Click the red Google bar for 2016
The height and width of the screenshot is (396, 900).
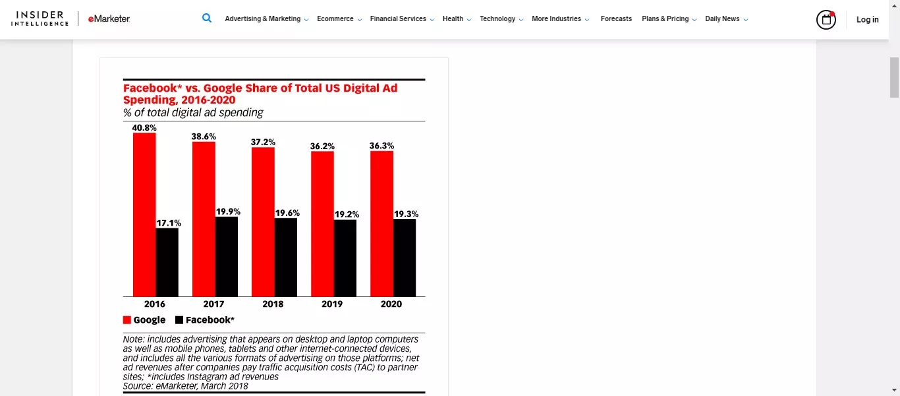[x=144, y=214]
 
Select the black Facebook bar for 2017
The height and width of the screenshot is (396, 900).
[x=227, y=257]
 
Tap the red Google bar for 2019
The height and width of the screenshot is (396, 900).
[x=322, y=224]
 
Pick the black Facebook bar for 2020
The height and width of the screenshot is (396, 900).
[x=405, y=258]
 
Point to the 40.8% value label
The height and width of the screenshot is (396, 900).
[x=144, y=127]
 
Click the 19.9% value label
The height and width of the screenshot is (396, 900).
[x=228, y=212]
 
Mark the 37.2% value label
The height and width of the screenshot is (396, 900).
[x=263, y=142]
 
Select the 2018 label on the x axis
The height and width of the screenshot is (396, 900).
[x=273, y=304]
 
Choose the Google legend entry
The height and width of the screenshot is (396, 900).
[x=144, y=320]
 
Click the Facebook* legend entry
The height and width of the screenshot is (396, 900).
[x=205, y=320]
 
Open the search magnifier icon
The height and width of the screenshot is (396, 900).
[x=207, y=18]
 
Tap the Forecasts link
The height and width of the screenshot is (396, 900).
[x=616, y=19]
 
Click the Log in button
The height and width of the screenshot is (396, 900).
[x=867, y=20]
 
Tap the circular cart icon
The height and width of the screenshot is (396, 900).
[x=826, y=20]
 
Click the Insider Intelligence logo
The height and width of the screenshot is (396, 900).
[x=40, y=18]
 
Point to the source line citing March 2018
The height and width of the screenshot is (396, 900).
[x=186, y=386]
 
